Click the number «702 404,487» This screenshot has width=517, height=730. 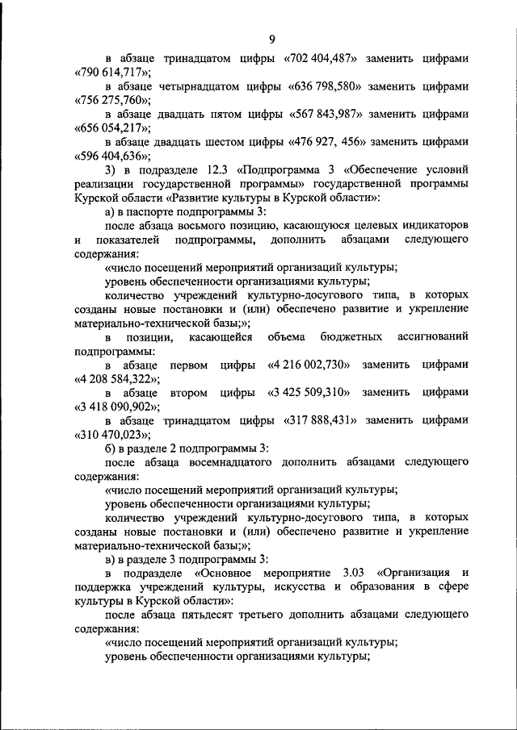point(333,59)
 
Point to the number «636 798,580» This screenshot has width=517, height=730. point(334,86)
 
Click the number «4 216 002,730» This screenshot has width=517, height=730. point(308,365)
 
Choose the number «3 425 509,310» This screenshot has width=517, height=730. point(308,392)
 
